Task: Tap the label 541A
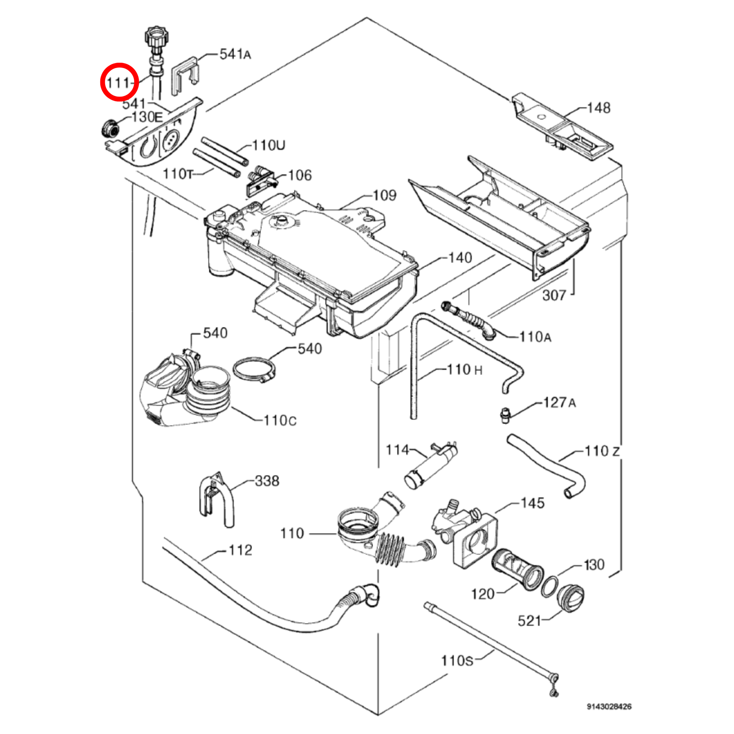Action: pyautogui.click(x=235, y=54)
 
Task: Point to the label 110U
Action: pyautogui.click(x=269, y=145)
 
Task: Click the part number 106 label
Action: pyautogui.click(x=300, y=175)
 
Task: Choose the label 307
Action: pyautogui.click(x=554, y=295)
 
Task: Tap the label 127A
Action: pyautogui.click(x=560, y=403)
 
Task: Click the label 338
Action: pyautogui.click(x=267, y=481)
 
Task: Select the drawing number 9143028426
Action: pyautogui.click(x=609, y=706)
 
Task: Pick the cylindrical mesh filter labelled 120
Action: pyautogui.click(x=517, y=570)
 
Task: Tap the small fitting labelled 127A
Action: pyautogui.click(x=505, y=415)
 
